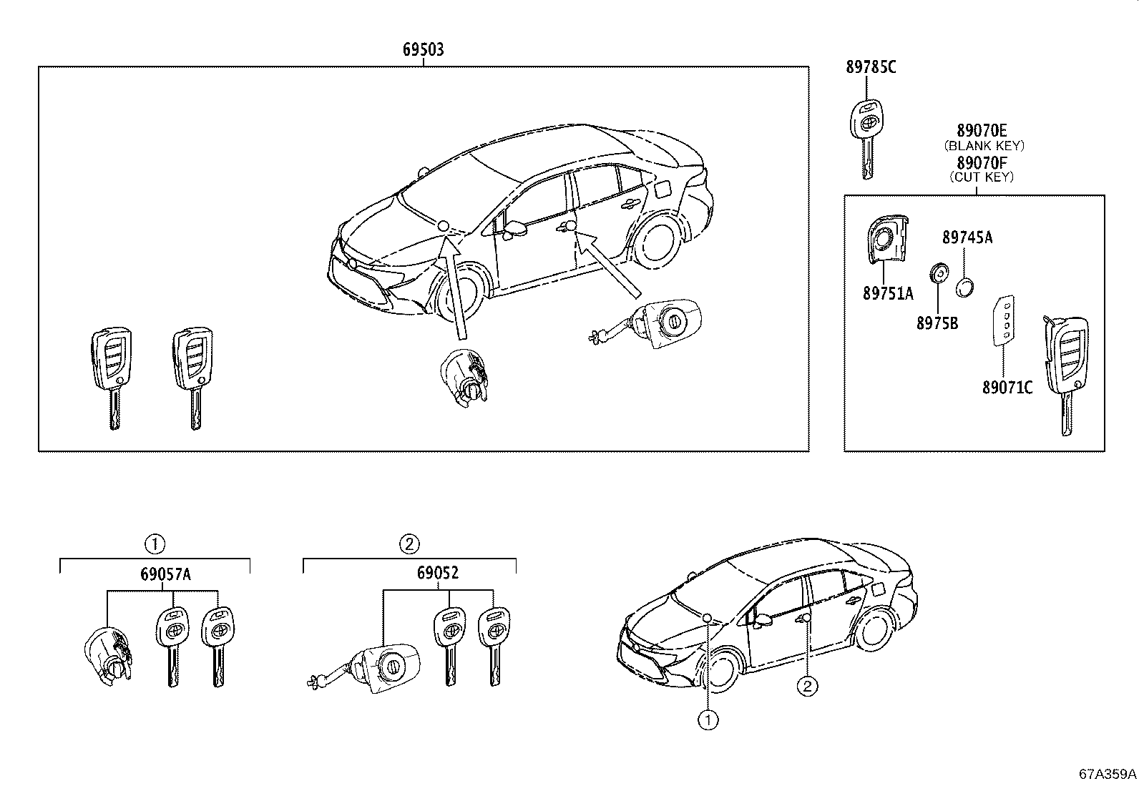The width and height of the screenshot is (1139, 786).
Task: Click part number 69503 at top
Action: point(423,49)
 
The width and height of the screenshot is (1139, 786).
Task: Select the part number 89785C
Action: point(870,67)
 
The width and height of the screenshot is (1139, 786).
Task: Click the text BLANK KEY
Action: point(984,145)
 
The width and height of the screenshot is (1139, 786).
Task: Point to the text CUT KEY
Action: point(982,177)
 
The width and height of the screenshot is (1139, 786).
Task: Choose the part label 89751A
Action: point(888,293)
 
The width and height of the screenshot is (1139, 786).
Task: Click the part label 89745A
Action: point(967,237)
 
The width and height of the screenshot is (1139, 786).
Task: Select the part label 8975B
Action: point(937,323)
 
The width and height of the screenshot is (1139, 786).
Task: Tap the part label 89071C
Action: point(1007,388)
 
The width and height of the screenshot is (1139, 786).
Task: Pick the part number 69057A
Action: point(165,574)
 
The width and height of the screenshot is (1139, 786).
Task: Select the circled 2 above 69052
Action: point(408,544)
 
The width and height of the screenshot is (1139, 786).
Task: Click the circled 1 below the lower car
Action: point(708,719)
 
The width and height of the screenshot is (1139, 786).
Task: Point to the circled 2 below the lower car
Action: point(806,687)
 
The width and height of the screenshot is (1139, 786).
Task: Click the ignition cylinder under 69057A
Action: point(107,654)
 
